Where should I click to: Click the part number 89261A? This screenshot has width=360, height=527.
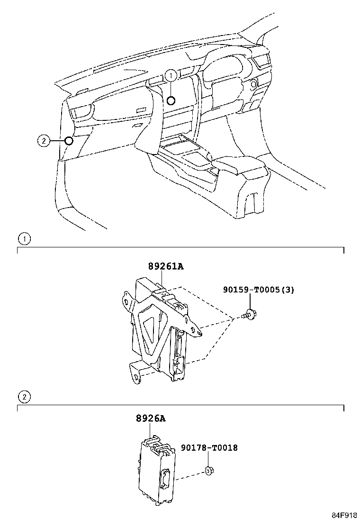(166, 266)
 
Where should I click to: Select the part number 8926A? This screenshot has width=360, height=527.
(151, 418)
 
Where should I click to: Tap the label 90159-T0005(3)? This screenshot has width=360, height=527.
(259, 290)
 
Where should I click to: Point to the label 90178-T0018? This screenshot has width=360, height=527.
(209, 448)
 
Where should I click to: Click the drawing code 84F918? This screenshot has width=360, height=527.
(344, 515)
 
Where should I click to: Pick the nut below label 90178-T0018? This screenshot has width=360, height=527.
(209, 471)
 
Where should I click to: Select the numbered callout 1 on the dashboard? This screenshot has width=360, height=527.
(171, 76)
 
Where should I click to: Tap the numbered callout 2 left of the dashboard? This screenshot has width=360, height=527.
(43, 141)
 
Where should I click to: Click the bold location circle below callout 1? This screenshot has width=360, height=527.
(171, 100)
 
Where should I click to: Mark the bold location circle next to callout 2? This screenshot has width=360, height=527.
(69, 140)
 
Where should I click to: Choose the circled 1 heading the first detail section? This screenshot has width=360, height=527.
(24, 239)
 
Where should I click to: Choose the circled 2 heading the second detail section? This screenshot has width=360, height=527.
(24, 397)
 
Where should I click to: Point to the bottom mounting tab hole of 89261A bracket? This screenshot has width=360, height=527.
(137, 377)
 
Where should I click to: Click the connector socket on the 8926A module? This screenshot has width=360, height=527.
(166, 476)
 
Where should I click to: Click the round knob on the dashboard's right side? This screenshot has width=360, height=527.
(253, 82)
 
